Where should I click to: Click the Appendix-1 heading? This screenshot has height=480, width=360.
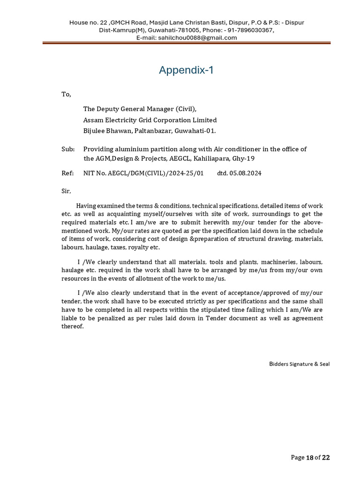[x=186, y=70]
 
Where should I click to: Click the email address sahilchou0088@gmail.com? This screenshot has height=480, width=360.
[x=198, y=38]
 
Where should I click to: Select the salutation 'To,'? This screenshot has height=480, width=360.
[x=66, y=94]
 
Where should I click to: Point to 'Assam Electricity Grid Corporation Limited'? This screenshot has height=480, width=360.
[x=150, y=120]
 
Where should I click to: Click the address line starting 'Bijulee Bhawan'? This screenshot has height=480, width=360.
[x=150, y=131]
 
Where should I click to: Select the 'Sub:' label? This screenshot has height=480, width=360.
[x=68, y=149]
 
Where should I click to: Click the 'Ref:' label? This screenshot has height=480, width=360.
[x=67, y=173]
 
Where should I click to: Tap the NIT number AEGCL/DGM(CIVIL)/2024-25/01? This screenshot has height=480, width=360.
[x=143, y=173]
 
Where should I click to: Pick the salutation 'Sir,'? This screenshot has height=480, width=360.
[x=66, y=191]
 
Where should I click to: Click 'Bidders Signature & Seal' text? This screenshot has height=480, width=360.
[x=299, y=364]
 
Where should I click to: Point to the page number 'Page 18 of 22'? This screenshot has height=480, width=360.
[x=310, y=457]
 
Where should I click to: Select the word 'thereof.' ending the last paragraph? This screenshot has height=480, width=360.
[x=73, y=327]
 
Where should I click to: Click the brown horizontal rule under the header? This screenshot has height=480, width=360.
[x=186, y=43]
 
